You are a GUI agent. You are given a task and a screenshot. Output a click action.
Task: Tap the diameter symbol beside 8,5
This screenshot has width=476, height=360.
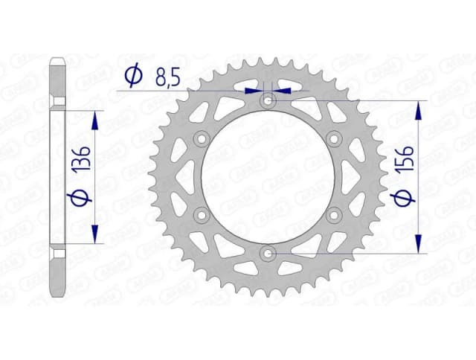point(133,76)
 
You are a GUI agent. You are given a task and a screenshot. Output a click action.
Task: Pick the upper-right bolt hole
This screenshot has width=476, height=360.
point(335,138)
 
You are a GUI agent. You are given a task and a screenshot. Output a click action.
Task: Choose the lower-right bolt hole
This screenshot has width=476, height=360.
point(335,216)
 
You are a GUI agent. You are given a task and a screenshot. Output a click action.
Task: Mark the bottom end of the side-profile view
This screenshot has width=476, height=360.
point(57,295)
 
